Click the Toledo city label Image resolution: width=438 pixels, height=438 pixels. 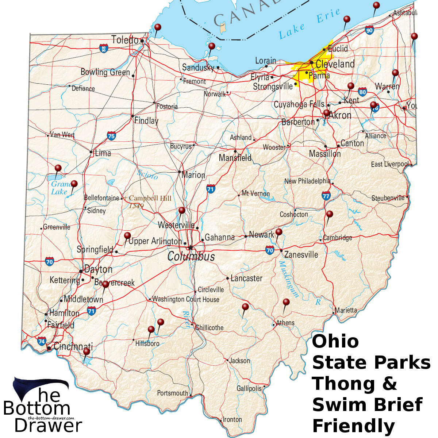[x=125, y=39]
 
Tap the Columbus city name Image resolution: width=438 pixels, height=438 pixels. [x=191, y=256]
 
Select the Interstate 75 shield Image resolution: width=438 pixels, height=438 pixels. [x=112, y=136]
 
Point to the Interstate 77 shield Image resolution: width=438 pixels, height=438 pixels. [x=326, y=196]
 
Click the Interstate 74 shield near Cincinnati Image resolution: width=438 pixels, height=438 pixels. [x=42, y=342]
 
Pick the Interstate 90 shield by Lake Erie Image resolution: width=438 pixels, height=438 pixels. [x=369, y=30]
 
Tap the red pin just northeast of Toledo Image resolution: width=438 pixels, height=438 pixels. [x=158, y=27]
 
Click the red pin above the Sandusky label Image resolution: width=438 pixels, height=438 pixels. [x=212, y=46]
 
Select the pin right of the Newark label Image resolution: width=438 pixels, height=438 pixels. [x=279, y=232]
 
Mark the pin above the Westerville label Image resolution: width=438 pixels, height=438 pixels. [x=181, y=210]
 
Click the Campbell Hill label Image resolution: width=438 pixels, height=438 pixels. [x=150, y=198]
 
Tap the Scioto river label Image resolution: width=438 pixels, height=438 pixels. [x=147, y=174]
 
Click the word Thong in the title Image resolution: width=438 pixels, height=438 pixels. [x=343, y=384]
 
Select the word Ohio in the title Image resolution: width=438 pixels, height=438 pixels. [x=335, y=341]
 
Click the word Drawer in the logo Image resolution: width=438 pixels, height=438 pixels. [x=48, y=426]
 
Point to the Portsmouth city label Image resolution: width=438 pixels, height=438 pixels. [x=172, y=393]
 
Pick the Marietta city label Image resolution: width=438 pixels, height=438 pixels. [x=346, y=310]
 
